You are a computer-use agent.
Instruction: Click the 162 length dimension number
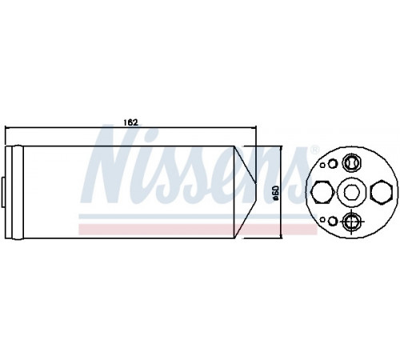pos(130,122)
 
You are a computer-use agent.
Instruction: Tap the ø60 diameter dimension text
pos(276,193)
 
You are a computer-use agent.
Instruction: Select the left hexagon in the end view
pos(322,192)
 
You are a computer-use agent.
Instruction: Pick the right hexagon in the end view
pos(382,192)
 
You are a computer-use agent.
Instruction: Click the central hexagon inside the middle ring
pos(350,192)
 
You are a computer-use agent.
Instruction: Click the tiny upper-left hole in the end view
pos(322,165)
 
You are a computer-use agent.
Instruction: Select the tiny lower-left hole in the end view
pos(322,220)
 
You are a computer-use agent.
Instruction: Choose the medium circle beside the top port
pos(333,164)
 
